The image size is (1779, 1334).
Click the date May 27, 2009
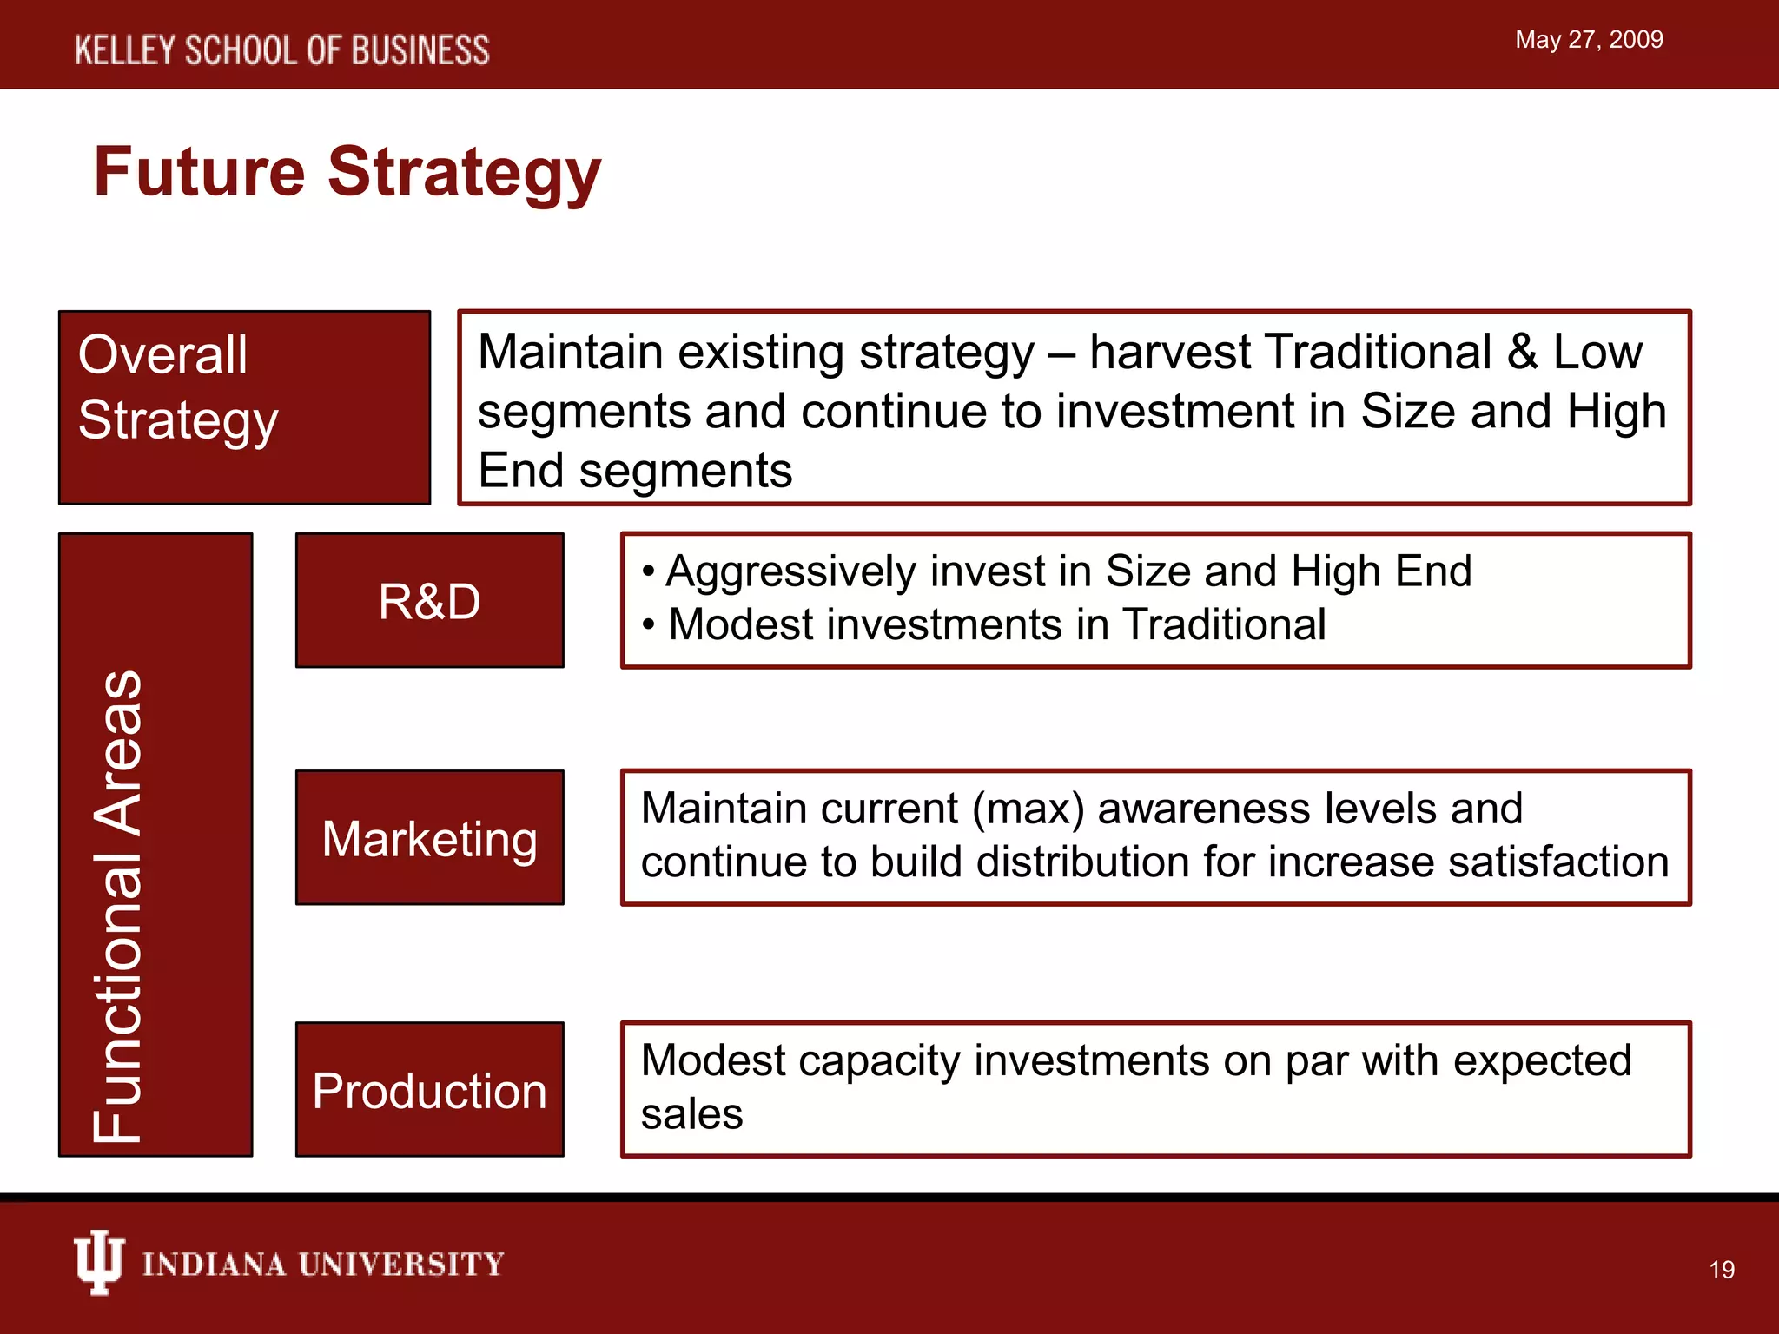[x=1589, y=40]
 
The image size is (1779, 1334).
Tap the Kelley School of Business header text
[x=281, y=50]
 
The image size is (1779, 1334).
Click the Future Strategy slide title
[x=347, y=172]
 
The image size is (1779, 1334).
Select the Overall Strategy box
[x=244, y=406]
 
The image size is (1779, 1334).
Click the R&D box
[x=429, y=601]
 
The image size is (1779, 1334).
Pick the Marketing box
[x=429, y=838]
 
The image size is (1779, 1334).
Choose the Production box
[x=429, y=1090]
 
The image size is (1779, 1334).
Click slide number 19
[x=1722, y=1270]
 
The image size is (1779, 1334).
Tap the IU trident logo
[x=98, y=1262]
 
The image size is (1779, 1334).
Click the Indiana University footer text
[x=322, y=1265]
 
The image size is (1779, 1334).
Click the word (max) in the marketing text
[x=1028, y=809]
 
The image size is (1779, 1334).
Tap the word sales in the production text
[x=691, y=1114]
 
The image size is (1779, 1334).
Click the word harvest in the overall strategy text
[x=1168, y=353]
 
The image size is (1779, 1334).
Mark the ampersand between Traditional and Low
[x=1522, y=353]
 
